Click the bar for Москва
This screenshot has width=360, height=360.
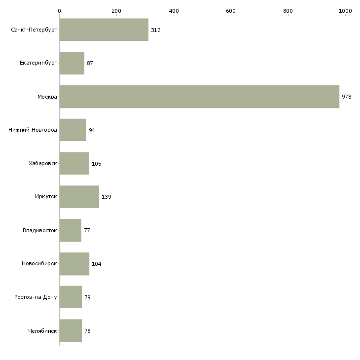(x=199, y=97)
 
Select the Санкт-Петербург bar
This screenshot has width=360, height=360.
(x=104, y=30)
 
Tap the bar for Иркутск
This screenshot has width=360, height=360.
(x=79, y=197)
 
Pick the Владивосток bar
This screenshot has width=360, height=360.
(x=71, y=230)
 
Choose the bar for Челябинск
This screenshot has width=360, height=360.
(x=71, y=330)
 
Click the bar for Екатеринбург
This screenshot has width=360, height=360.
(x=72, y=63)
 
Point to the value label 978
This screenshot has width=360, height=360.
(x=347, y=97)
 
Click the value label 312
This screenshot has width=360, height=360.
(x=156, y=30)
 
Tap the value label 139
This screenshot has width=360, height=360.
(x=107, y=197)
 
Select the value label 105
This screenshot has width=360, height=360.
(x=97, y=164)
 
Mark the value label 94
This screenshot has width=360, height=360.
(x=92, y=130)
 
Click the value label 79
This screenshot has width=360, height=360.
(x=87, y=297)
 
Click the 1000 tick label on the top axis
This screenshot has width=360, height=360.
(x=345, y=11)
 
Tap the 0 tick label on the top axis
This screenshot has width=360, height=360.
(x=60, y=11)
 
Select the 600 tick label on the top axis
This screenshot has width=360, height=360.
(x=231, y=11)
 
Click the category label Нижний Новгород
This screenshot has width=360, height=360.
(x=33, y=130)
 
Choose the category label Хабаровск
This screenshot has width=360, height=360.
(x=43, y=163)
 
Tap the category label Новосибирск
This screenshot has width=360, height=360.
(x=39, y=263)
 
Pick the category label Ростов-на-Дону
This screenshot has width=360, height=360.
(x=36, y=297)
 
